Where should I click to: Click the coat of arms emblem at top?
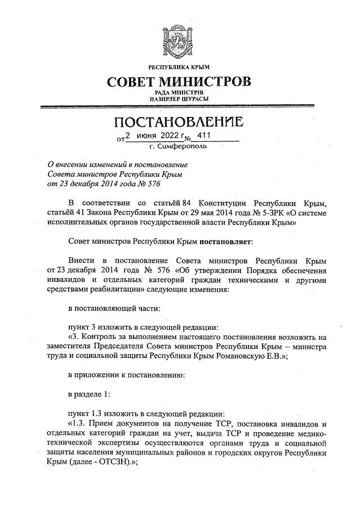180,39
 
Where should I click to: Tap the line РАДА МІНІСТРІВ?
180,92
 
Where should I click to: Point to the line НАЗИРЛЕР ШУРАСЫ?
180,99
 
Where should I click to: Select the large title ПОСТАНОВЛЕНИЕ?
180,122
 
